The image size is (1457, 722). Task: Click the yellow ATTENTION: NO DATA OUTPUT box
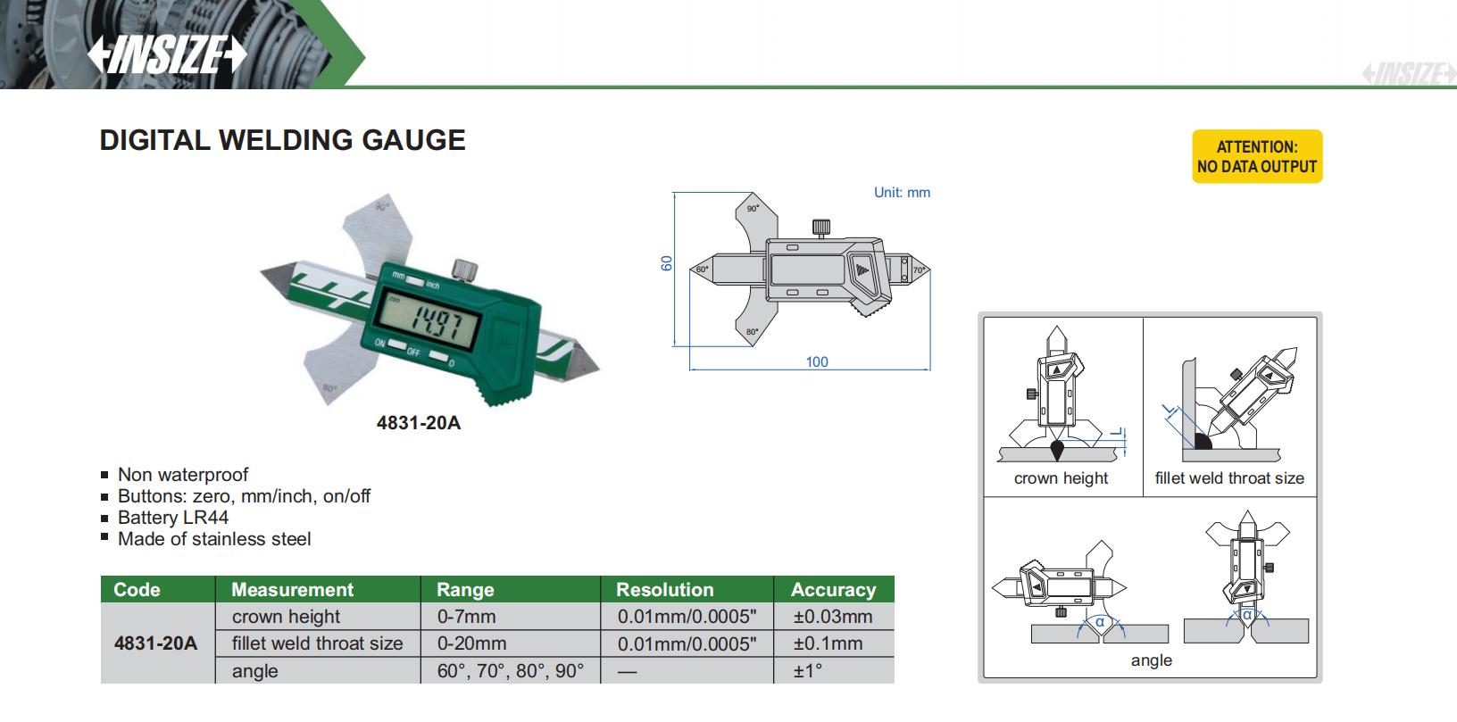tap(1256, 157)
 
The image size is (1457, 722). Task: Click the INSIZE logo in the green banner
tap(167, 54)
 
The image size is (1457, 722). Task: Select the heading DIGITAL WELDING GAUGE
tap(282, 140)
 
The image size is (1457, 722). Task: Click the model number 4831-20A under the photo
tap(419, 422)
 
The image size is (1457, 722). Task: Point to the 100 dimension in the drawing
tap(816, 361)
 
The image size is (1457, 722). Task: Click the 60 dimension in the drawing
tap(667, 263)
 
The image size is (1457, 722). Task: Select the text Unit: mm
tap(902, 192)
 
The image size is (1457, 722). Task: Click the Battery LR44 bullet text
tap(173, 518)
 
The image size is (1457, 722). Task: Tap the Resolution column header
tap(665, 590)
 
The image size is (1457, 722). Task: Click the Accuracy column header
tap(833, 590)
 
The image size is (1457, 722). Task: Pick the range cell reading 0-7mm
tap(466, 617)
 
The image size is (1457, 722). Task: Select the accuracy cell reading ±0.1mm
tap(828, 643)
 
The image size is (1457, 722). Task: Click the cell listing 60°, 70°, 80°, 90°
tap(511, 671)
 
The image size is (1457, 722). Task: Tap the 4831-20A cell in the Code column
tap(155, 643)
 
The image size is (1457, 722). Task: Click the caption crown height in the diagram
tap(1061, 478)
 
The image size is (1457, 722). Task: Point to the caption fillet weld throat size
tap(1229, 478)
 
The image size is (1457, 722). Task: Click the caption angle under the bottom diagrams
tap(1151, 660)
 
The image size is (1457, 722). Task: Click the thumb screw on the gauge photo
tap(463, 268)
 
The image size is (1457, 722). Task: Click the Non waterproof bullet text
tap(183, 475)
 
